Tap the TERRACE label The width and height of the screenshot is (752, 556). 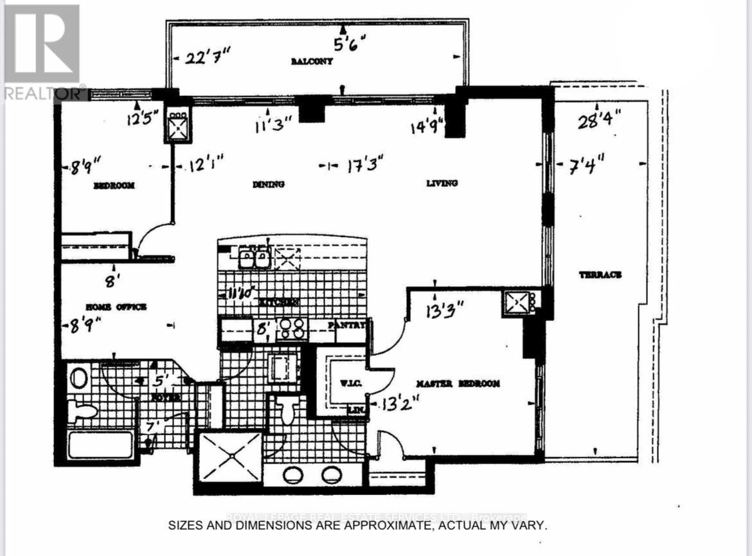(600, 274)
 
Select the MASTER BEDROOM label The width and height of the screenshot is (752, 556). (458, 384)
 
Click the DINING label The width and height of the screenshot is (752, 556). (269, 184)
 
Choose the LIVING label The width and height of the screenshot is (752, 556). (442, 183)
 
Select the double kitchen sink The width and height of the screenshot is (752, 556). (254, 259)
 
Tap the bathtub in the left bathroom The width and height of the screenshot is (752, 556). (100, 445)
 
